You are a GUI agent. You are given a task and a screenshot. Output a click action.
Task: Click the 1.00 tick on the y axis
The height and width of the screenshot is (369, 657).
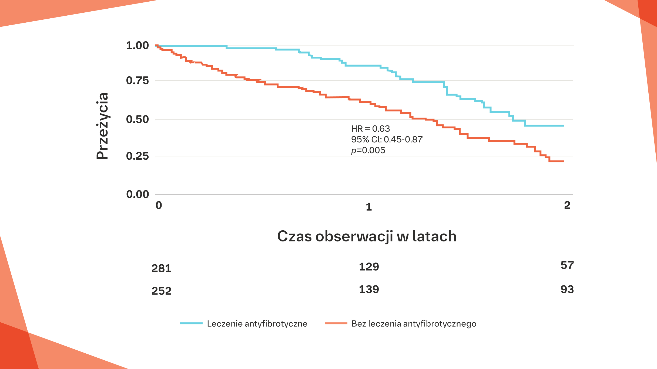[137, 45]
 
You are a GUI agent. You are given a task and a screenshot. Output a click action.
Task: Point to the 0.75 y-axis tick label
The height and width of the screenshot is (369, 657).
[137, 80]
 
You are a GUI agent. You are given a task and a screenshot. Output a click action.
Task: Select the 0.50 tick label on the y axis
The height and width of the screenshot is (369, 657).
[137, 119]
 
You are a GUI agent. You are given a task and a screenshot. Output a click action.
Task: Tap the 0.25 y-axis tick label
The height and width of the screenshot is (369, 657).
[137, 156]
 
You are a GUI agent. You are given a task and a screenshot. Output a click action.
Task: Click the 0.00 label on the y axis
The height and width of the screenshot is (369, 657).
[137, 194]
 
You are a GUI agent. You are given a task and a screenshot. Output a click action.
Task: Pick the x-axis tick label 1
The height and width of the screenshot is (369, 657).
[369, 207]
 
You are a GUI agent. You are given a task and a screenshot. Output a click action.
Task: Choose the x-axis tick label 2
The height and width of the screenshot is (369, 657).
[567, 205]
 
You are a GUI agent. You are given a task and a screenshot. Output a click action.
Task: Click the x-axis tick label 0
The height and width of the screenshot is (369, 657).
[159, 205]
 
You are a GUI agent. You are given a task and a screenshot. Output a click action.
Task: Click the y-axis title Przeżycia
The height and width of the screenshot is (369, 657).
[102, 126]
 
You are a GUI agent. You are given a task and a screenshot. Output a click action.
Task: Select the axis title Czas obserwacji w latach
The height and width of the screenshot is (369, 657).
[367, 236]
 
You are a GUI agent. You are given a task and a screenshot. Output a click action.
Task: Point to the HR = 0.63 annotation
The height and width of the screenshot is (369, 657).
[370, 129]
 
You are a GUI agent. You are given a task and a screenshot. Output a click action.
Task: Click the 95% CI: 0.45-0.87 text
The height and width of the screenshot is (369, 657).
[387, 139]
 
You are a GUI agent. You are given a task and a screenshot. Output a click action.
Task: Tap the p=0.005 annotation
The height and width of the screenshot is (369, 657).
[368, 150]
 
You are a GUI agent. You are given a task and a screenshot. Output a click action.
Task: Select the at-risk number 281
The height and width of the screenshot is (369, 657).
[161, 268]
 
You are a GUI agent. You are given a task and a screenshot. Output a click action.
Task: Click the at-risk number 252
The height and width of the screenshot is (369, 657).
[161, 291]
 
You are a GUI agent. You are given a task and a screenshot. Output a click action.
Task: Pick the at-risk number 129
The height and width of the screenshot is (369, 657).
[369, 267]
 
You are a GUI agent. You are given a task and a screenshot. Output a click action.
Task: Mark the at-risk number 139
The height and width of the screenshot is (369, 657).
[369, 289]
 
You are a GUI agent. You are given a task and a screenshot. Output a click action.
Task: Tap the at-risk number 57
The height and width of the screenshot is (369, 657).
[567, 265]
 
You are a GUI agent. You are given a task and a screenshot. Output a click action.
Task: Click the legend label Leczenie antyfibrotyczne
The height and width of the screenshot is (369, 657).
[257, 324]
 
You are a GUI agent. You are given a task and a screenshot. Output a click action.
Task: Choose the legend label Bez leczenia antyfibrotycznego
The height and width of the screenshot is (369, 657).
[414, 324]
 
